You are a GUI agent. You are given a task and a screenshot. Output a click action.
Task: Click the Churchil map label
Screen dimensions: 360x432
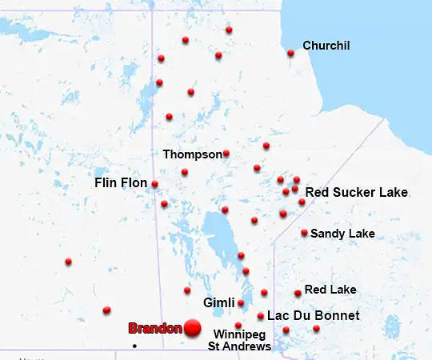(x=326, y=46)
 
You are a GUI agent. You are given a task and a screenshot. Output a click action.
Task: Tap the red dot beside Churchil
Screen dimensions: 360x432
(x=290, y=54)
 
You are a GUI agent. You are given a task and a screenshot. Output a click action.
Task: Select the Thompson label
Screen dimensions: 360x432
(x=192, y=154)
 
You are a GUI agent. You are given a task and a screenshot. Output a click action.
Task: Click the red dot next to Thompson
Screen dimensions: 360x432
(x=226, y=154)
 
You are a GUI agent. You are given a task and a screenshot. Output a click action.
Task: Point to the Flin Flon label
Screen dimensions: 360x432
(x=121, y=183)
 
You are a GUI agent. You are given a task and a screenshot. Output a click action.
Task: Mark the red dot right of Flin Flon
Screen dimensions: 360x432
(x=154, y=184)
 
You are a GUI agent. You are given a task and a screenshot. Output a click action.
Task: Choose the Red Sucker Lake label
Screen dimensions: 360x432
(x=357, y=193)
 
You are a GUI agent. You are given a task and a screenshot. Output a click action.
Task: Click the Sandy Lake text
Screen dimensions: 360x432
(x=342, y=234)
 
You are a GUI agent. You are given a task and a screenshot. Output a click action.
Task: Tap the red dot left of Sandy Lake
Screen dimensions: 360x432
(x=304, y=233)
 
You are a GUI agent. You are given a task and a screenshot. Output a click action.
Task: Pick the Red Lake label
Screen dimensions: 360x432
(x=330, y=290)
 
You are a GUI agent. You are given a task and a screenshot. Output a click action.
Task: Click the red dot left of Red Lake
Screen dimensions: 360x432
(x=298, y=293)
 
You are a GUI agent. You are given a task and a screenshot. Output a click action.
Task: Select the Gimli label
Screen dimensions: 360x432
(x=218, y=303)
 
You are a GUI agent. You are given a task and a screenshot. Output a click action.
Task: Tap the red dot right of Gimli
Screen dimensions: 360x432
(x=241, y=303)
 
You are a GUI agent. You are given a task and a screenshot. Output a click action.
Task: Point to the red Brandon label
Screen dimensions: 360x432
(x=155, y=329)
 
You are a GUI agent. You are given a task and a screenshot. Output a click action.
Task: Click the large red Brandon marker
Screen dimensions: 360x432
(x=192, y=326)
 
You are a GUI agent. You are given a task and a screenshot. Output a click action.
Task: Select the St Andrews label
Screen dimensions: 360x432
(x=240, y=346)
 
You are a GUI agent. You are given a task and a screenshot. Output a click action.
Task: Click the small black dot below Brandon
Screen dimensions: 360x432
(x=134, y=346)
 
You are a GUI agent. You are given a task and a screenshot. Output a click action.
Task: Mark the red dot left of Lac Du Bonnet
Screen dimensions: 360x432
(x=261, y=316)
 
